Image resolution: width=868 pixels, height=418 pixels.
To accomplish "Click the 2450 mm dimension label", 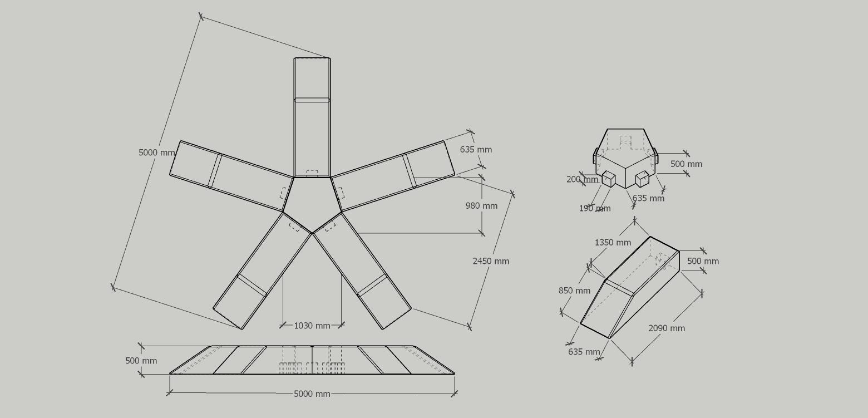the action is pyautogui.click(x=490, y=261).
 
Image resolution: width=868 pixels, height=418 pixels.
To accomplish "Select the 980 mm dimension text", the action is pyautogui.click(x=481, y=206).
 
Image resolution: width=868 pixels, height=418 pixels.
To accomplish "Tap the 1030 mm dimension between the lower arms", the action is pyautogui.click(x=312, y=326).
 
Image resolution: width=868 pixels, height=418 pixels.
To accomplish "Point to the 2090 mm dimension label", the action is pyautogui.click(x=666, y=328).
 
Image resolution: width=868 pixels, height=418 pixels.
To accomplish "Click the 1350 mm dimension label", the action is pyautogui.click(x=613, y=243).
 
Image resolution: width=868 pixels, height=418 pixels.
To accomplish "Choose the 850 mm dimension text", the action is pyautogui.click(x=574, y=291).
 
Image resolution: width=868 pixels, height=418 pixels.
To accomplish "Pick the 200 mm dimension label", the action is pyautogui.click(x=582, y=179).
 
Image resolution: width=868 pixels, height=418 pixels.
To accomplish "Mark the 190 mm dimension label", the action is pyautogui.click(x=594, y=209).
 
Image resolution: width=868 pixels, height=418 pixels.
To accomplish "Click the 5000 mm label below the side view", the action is pyautogui.click(x=312, y=394).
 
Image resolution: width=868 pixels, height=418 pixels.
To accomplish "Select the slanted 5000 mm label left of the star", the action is pyautogui.click(x=156, y=153).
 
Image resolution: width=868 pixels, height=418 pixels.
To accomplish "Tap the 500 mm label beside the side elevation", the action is pyautogui.click(x=141, y=361).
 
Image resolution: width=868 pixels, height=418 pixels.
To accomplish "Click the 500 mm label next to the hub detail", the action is pyautogui.click(x=686, y=164).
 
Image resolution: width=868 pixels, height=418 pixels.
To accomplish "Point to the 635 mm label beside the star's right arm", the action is pyautogui.click(x=476, y=150).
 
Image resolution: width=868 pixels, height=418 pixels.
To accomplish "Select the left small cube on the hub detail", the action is pyautogui.click(x=609, y=179).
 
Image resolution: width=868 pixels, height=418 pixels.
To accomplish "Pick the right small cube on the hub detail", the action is pyautogui.click(x=642, y=179).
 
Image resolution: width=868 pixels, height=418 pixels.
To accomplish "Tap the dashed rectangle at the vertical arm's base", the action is pyautogui.click(x=312, y=174).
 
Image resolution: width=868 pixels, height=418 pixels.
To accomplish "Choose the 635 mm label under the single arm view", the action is pyautogui.click(x=584, y=352).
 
